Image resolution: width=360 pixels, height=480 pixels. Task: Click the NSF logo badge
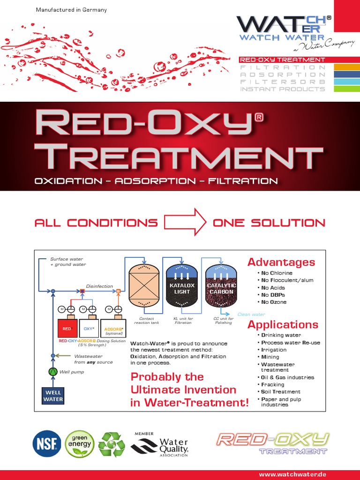46,443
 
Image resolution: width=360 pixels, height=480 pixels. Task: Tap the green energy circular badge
80,443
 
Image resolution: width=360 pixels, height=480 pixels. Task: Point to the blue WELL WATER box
53,396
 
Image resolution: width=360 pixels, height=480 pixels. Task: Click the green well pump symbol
53,372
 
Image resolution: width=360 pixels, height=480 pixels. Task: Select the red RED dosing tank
67,328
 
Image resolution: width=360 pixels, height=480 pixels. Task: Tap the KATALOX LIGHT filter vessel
182,286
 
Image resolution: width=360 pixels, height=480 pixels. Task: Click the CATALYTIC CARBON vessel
221,286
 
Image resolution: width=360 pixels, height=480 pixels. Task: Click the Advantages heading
281,262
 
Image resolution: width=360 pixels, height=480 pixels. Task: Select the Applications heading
283,324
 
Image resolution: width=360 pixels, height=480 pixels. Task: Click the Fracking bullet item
272,384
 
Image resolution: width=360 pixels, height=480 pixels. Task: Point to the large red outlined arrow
185,222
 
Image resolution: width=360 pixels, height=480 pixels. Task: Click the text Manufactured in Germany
71,10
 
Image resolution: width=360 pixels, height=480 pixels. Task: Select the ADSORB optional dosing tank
113,328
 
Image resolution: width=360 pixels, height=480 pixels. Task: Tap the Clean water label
251,315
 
